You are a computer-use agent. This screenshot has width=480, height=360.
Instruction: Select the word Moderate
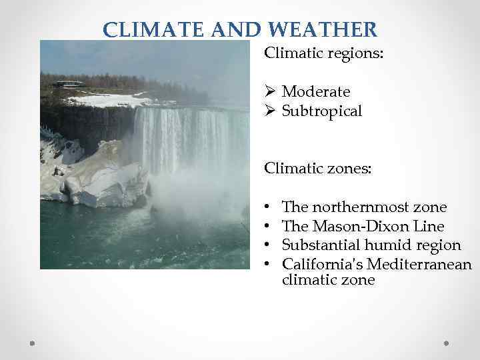316,91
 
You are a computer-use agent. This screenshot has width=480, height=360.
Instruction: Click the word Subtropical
322,111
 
